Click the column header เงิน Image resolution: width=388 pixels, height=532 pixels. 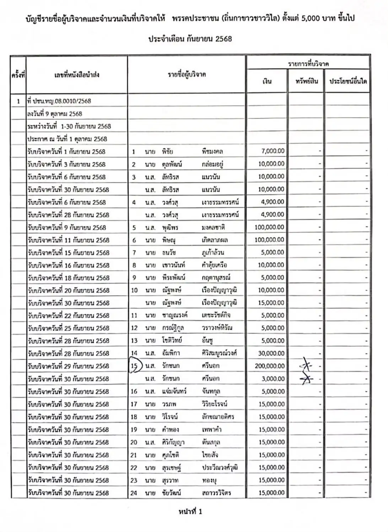[x=267, y=81]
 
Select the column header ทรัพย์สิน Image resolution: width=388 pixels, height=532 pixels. [x=306, y=81]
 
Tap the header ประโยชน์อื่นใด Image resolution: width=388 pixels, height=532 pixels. [x=347, y=81]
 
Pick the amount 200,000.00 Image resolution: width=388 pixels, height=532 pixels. [x=269, y=366]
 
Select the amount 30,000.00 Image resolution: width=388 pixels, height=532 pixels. [x=271, y=353]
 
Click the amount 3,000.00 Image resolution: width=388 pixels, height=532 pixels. [x=273, y=379]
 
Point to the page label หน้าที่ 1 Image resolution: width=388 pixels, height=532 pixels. [x=190, y=512]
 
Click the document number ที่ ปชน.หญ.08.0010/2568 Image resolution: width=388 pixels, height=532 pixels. [x=59, y=101]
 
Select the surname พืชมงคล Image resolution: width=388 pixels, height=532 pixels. [x=212, y=152]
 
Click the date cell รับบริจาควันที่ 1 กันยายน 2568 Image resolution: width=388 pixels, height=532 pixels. [x=66, y=152]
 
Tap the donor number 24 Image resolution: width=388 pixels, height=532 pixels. [x=134, y=493]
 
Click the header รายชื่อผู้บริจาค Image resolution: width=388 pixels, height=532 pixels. [x=187, y=75]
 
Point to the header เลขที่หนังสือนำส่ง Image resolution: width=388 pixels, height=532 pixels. [x=77, y=75]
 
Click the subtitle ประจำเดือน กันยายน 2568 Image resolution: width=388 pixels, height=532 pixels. [x=190, y=39]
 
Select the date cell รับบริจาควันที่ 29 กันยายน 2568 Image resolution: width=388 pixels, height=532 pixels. [x=68, y=366]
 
